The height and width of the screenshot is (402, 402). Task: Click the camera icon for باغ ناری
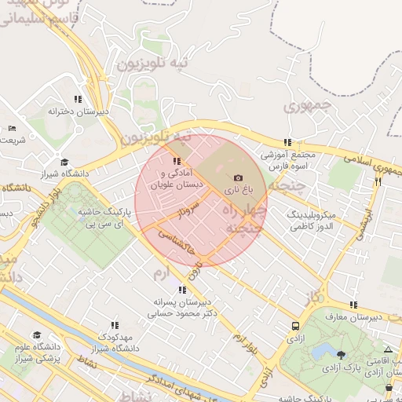coord(239,178)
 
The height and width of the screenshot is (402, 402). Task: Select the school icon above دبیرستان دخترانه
coord(77,100)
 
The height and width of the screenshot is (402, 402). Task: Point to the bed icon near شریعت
coord(12,129)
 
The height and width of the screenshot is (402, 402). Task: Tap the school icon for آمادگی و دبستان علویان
coord(176,162)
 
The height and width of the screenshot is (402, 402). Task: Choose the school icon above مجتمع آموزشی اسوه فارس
coord(288,143)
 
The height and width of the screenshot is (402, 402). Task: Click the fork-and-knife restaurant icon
coord(378,181)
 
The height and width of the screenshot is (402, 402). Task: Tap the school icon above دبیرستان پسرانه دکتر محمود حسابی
coord(182,290)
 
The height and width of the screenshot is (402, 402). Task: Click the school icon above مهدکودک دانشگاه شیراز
coord(115,325)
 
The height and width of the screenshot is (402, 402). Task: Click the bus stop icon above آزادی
coord(294,326)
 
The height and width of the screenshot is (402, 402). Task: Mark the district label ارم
coord(161,272)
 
